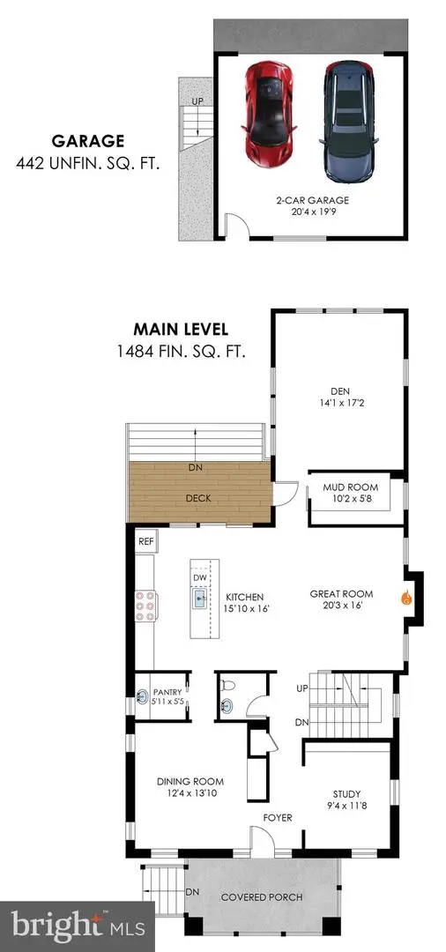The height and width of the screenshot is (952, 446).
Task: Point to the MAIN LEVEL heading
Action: pyautogui.click(x=180, y=330)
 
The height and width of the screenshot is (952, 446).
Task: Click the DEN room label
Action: pyautogui.click(x=339, y=396)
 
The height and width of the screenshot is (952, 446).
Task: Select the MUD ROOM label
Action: pyautogui.click(x=356, y=487)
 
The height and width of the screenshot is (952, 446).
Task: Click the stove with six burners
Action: pyautogui.click(x=145, y=606)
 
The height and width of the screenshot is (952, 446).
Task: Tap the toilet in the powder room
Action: pyautogui.click(x=228, y=683)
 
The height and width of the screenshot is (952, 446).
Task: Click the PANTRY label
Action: pyautogui.click(x=167, y=692)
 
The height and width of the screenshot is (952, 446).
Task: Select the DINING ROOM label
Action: pyautogui.click(x=190, y=781)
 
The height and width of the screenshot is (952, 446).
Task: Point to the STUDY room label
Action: pyautogui.click(x=346, y=793)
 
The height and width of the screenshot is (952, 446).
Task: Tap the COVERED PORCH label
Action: pyautogui.click(x=262, y=897)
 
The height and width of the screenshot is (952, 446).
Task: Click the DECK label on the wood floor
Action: pyautogui.click(x=197, y=498)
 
